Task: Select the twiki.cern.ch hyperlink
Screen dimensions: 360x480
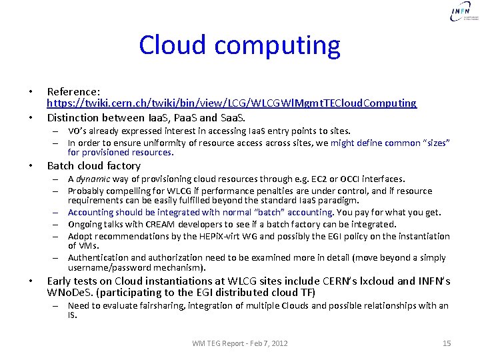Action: [x=231, y=103]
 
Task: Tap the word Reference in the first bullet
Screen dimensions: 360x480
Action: [x=73, y=91]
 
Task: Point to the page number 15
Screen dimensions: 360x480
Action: [x=447, y=343]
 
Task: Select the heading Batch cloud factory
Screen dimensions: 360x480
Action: [x=94, y=166]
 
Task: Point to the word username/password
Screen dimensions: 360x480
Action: [x=117, y=267]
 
